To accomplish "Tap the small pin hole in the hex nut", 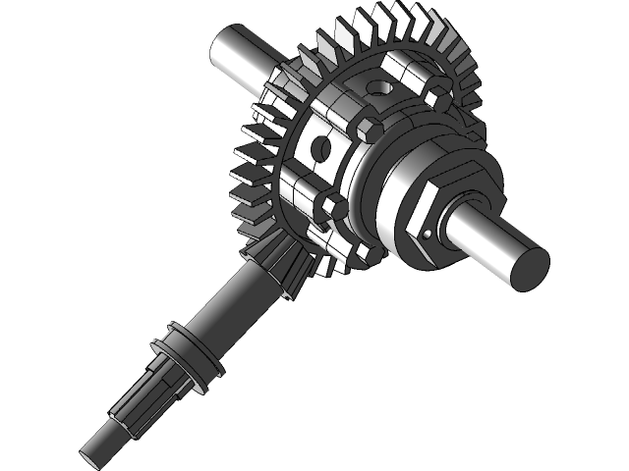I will point(430,234).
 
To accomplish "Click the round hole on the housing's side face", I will point(319,148).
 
